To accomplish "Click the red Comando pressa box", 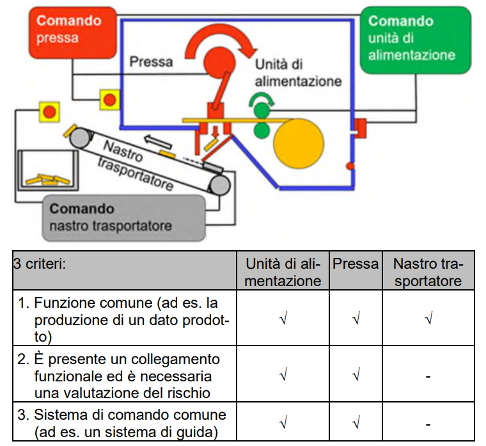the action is pyautogui.click(x=73, y=33).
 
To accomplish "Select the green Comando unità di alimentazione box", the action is pyautogui.click(x=415, y=40).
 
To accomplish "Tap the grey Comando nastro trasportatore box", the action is pyautogui.click(x=123, y=218).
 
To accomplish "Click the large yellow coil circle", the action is pyautogui.click(x=299, y=143).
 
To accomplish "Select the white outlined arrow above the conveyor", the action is pyautogui.click(x=158, y=142).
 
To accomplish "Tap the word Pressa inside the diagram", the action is pyautogui.click(x=151, y=61).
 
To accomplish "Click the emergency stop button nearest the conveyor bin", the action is pyautogui.click(x=50, y=112).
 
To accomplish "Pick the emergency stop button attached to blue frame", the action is pyautogui.click(x=110, y=100).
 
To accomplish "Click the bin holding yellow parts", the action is pyautogui.click(x=48, y=170).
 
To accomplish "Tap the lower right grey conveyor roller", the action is pyautogui.click(x=220, y=186).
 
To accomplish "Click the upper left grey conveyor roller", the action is pyautogui.click(x=80, y=138).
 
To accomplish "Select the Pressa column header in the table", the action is pyautogui.click(x=356, y=264).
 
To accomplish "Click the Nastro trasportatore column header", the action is pyautogui.click(x=428, y=273).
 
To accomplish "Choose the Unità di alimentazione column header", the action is pyautogui.click(x=283, y=273).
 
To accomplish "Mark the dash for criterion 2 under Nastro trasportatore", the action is pyautogui.click(x=428, y=377).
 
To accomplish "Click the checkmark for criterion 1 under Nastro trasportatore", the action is pyautogui.click(x=429, y=319).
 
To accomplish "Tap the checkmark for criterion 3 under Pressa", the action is pyautogui.click(x=356, y=423).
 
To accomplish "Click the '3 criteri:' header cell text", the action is pyautogui.click(x=40, y=264).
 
